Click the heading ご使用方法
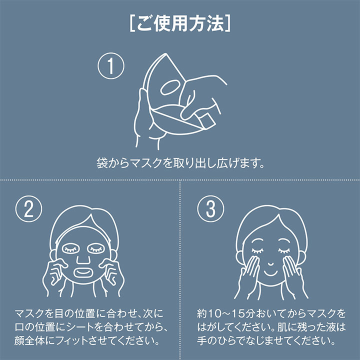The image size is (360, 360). [180, 23]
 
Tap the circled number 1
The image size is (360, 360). [111, 66]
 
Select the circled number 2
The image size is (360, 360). [28, 208]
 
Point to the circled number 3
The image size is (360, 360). [210, 208]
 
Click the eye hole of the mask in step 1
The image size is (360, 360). [170, 87]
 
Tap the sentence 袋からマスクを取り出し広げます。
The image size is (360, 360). [180, 163]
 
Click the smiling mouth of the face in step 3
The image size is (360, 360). [271, 273]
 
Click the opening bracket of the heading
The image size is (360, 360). [132, 23]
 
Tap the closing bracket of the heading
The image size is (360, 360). [228, 23]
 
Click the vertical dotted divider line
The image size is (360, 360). [180, 270]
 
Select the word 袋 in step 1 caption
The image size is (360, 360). [102, 163]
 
